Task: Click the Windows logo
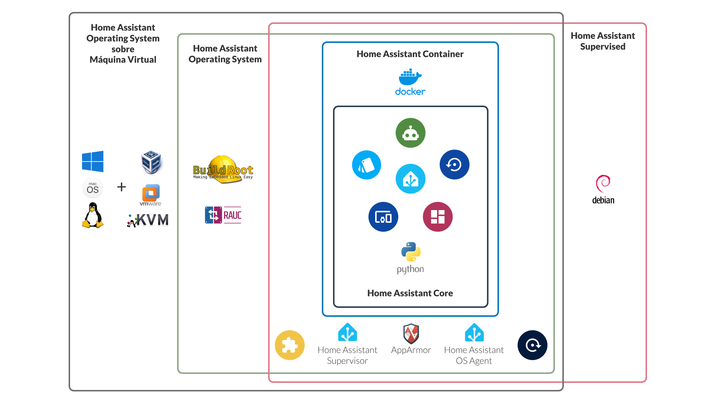(x=92, y=161)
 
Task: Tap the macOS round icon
(x=92, y=188)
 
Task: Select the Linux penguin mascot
(x=92, y=215)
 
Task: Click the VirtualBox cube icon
(x=151, y=162)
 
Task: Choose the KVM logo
(x=148, y=220)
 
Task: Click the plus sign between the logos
(x=122, y=187)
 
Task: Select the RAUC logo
(x=223, y=215)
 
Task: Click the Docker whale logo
(x=410, y=82)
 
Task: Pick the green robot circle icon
(x=410, y=133)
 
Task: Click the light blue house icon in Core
(x=410, y=179)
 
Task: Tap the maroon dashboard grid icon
(x=437, y=217)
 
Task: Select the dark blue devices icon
(x=383, y=217)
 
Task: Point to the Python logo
(x=411, y=257)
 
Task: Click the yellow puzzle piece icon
(x=290, y=345)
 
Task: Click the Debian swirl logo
(x=603, y=189)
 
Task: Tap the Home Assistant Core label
(x=410, y=293)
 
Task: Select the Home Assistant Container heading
(x=410, y=54)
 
